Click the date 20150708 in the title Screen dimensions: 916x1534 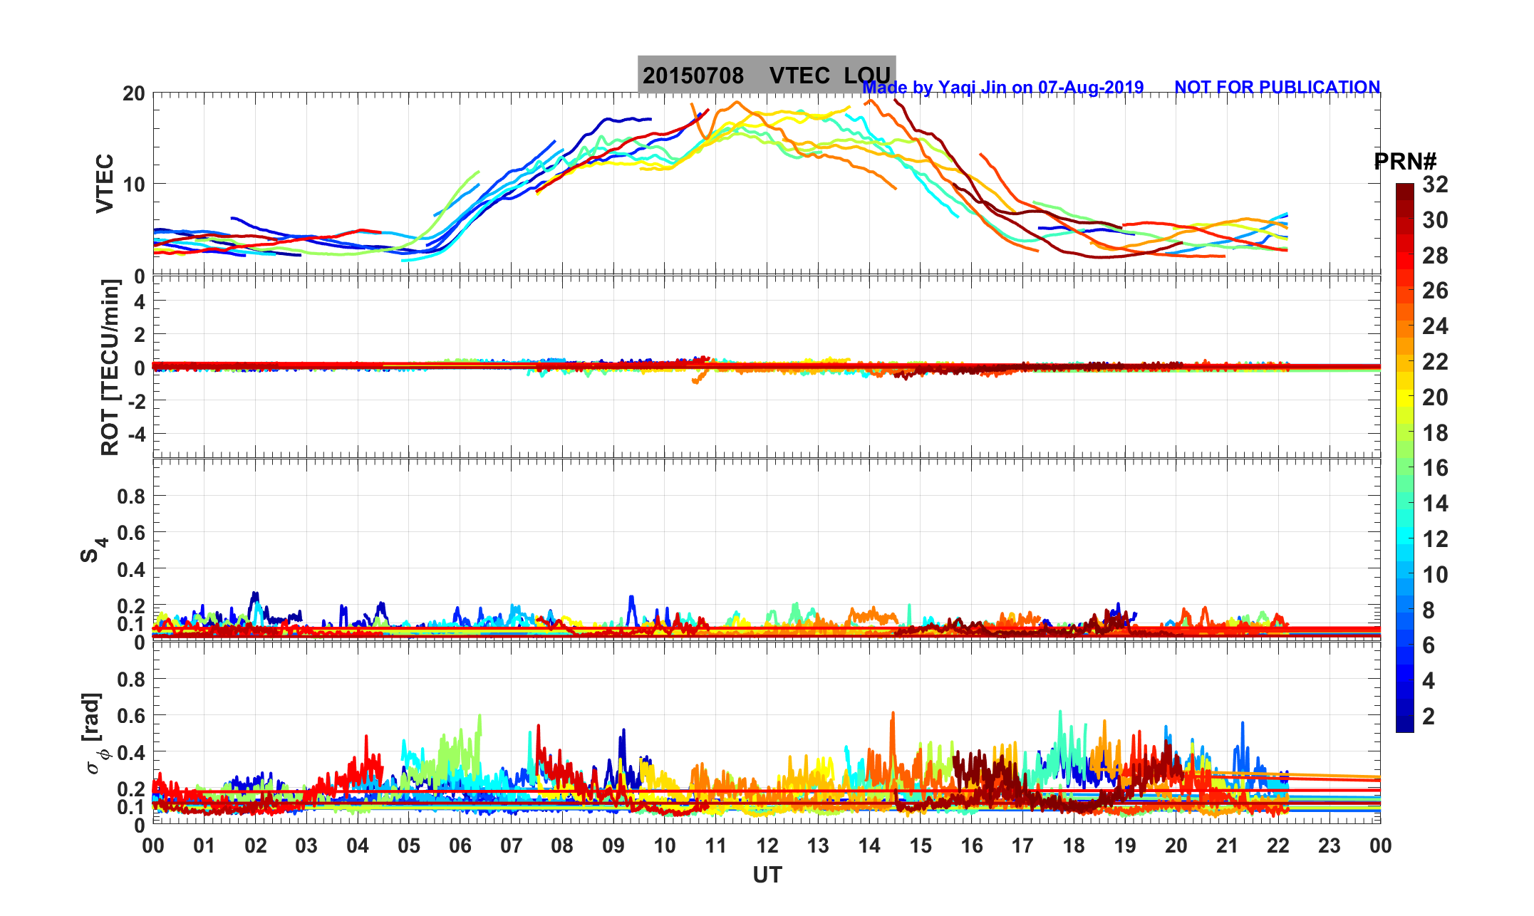[693, 76]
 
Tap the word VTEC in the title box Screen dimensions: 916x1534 [799, 76]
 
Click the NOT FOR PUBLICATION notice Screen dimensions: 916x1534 [1277, 88]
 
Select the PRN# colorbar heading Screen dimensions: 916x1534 [1405, 162]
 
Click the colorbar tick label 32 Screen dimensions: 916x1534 [1435, 185]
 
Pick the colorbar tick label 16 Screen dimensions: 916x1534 [1435, 468]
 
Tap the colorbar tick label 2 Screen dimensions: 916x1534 [1429, 717]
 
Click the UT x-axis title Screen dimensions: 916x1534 [767, 875]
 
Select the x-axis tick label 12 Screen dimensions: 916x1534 [767, 846]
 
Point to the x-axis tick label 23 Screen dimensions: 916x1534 [1330, 846]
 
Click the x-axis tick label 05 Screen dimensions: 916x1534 [409, 846]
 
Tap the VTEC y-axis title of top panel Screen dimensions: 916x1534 [105, 183]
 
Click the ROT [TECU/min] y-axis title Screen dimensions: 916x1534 [110, 368]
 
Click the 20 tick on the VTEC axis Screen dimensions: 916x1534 [133, 93]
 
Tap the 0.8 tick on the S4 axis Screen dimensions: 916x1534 [131, 496]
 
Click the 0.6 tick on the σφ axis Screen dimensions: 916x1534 [131, 716]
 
